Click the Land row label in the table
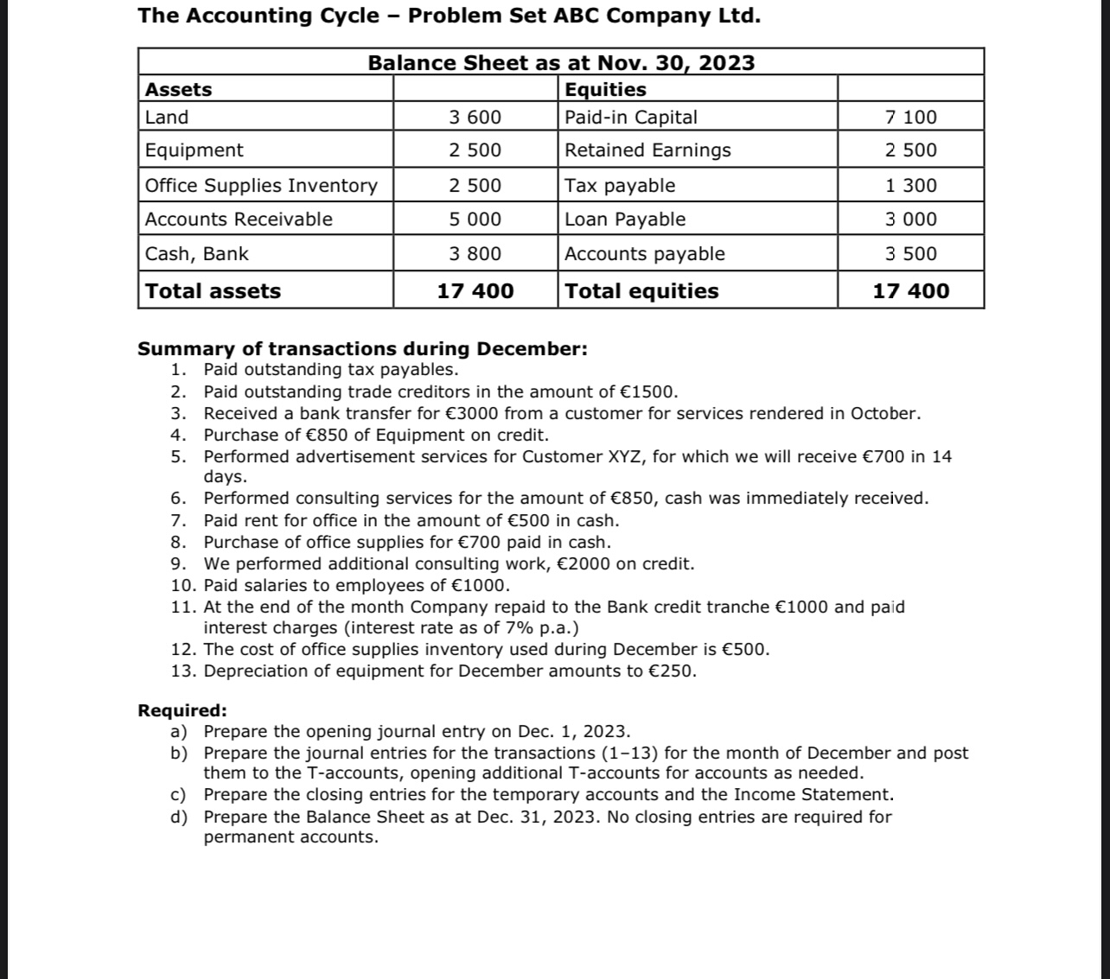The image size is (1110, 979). click(167, 118)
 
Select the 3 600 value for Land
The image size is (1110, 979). click(475, 118)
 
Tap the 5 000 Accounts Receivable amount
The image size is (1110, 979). click(475, 219)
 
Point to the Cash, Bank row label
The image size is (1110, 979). click(196, 254)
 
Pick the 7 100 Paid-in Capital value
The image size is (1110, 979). click(910, 118)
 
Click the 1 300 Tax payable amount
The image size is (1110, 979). click(910, 186)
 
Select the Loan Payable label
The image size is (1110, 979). click(624, 219)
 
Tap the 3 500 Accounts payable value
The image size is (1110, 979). click(910, 254)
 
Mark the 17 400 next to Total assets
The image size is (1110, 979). click(475, 291)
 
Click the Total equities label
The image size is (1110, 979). click(641, 291)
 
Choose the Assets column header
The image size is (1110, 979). click(178, 90)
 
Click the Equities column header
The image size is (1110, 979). click(605, 90)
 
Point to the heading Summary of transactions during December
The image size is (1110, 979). click(362, 349)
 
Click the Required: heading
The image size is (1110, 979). click(182, 711)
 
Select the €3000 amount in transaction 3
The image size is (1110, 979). click(470, 414)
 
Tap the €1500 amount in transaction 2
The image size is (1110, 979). click(649, 392)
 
